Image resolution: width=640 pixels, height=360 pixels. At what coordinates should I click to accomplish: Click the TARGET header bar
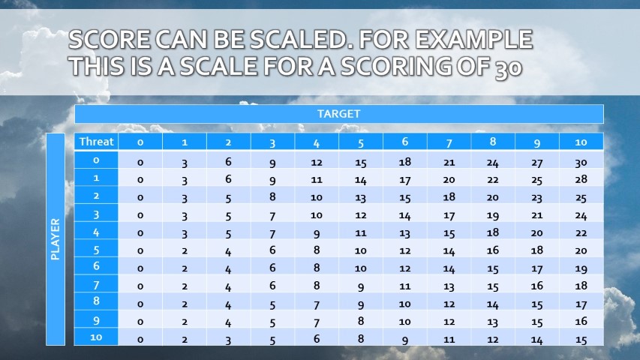pyautogui.click(x=338, y=114)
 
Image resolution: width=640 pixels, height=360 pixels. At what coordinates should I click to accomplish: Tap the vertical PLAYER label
pyautogui.click(x=56, y=239)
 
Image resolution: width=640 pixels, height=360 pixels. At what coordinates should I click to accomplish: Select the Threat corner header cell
pyautogui.click(x=96, y=142)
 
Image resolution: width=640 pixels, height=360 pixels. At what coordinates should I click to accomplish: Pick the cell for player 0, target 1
pyautogui.click(x=185, y=161)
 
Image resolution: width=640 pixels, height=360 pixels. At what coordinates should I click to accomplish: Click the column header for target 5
pyautogui.click(x=361, y=142)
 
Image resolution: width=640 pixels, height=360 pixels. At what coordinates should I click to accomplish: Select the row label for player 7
pyautogui.click(x=96, y=286)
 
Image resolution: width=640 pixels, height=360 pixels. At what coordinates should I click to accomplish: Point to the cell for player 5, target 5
pyautogui.click(x=361, y=250)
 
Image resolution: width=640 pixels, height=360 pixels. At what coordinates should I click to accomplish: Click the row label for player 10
pyautogui.click(x=96, y=337)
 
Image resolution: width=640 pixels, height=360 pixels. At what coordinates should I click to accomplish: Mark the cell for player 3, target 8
pyautogui.click(x=493, y=214)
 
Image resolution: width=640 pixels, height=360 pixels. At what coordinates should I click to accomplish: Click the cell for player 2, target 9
pyautogui.click(x=537, y=197)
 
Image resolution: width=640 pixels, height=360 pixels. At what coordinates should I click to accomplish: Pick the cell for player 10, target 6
pyautogui.click(x=405, y=339)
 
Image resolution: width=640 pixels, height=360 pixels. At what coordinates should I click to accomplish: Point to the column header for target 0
pyautogui.click(x=140, y=142)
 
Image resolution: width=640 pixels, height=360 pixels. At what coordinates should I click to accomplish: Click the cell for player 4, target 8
pyautogui.click(x=493, y=232)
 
